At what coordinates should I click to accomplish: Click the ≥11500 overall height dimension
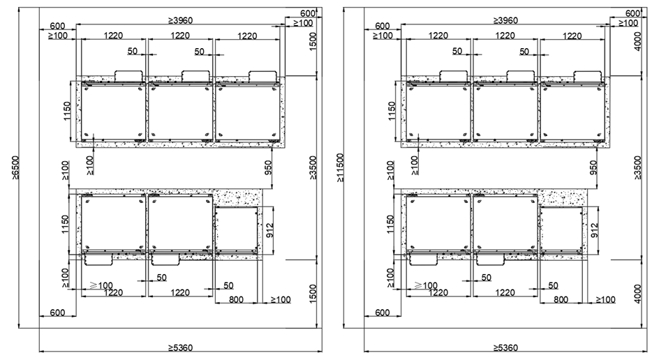click(x=340, y=167)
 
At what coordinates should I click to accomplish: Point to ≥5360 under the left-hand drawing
click(x=181, y=348)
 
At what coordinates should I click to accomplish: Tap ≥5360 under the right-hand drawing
click(x=505, y=348)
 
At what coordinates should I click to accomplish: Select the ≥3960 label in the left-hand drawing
click(x=181, y=20)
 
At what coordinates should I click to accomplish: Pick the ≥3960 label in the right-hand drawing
click(x=505, y=20)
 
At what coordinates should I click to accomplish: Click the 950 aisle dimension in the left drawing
click(x=268, y=167)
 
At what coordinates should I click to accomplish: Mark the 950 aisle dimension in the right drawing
click(x=593, y=167)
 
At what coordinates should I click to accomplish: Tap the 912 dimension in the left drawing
click(x=270, y=230)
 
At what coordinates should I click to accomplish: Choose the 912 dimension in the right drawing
click(x=595, y=230)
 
